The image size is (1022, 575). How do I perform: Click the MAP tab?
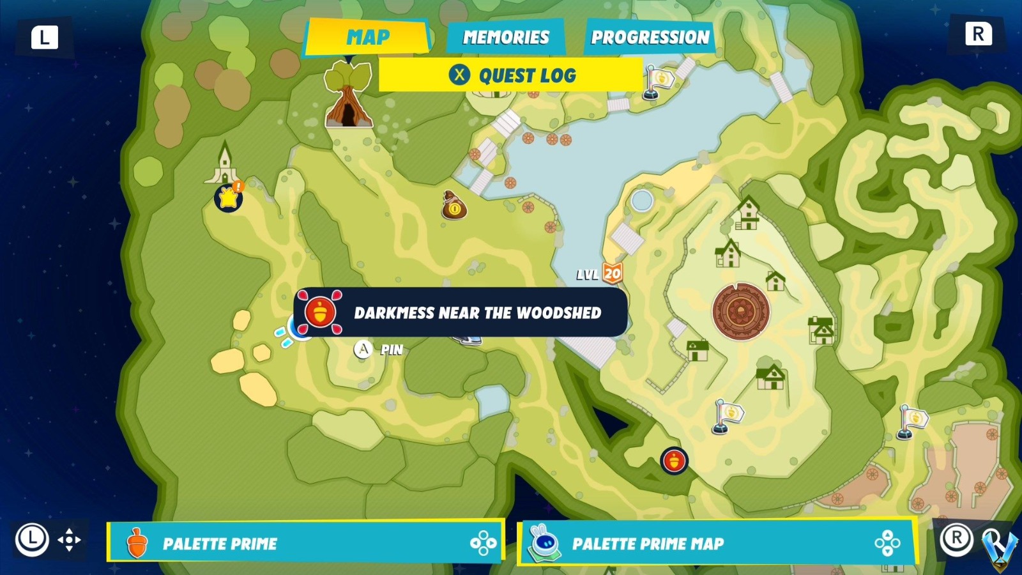367,37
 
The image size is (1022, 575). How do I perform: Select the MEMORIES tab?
505,37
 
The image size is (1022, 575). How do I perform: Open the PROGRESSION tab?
650,37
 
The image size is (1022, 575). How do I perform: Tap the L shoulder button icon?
44,37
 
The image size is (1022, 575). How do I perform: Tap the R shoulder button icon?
978,34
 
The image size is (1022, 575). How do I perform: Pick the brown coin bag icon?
454,205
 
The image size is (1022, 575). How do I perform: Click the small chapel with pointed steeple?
225,164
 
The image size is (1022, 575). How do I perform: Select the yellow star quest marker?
229,197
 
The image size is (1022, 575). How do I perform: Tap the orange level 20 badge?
612,273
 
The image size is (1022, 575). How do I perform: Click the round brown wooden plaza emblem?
741,311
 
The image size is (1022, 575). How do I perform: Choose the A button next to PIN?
363,349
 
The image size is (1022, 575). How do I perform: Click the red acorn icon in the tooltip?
320,312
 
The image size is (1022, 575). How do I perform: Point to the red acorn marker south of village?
674,460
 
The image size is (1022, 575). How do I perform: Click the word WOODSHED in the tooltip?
558,312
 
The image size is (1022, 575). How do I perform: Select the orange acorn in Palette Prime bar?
137,543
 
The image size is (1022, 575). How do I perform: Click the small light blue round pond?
641,201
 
